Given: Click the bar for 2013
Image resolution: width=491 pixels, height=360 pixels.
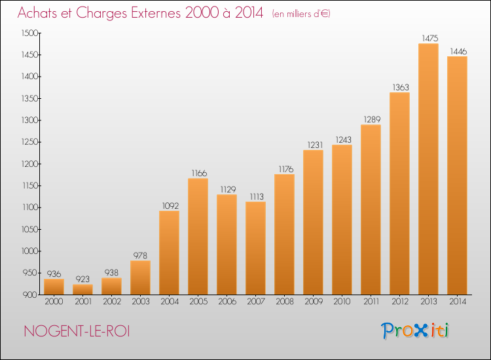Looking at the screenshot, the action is pyautogui.click(x=428, y=169).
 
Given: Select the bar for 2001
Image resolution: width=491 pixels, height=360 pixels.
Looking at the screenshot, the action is pyautogui.click(x=82, y=289).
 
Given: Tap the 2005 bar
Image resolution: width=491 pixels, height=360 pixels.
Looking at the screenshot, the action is pyautogui.click(x=198, y=236).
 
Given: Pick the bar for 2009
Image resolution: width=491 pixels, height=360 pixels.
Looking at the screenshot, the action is pyautogui.click(x=313, y=223).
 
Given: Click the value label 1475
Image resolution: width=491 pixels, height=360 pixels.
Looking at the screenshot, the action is pyautogui.click(x=430, y=38).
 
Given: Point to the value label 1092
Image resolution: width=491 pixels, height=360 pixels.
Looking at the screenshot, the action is pyautogui.click(x=170, y=206).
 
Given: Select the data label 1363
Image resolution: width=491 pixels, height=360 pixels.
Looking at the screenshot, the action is pyautogui.click(x=401, y=87).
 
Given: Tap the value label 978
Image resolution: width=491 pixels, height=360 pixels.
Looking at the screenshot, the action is pyautogui.click(x=140, y=255).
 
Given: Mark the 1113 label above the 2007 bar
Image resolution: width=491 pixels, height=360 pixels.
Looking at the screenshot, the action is pyautogui.click(x=257, y=196).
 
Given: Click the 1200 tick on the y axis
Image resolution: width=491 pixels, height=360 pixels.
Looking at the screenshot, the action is pyautogui.click(x=29, y=164).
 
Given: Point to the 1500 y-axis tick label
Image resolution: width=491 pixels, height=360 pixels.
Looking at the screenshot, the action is pyautogui.click(x=29, y=33).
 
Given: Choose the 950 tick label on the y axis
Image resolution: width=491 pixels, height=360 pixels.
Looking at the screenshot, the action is pyautogui.click(x=31, y=273).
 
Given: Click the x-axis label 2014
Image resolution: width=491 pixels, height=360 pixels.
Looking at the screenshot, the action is pyautogui.click(x=458, y=302).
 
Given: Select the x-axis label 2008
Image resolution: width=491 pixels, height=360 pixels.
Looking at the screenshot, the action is pyautogui.click(x=285, y=302).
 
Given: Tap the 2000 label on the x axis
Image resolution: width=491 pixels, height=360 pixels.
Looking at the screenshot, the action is pyautogui.click(x=54, y=302).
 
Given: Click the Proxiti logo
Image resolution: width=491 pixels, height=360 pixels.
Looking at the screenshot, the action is pyautogui.click(x=415, y=331).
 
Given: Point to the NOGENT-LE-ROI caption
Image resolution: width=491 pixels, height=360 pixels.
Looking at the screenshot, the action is pyautogui.click(x=77, y=331).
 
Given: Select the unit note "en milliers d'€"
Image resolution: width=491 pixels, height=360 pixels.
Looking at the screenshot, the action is pyautogui.click(x=301, y=14).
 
